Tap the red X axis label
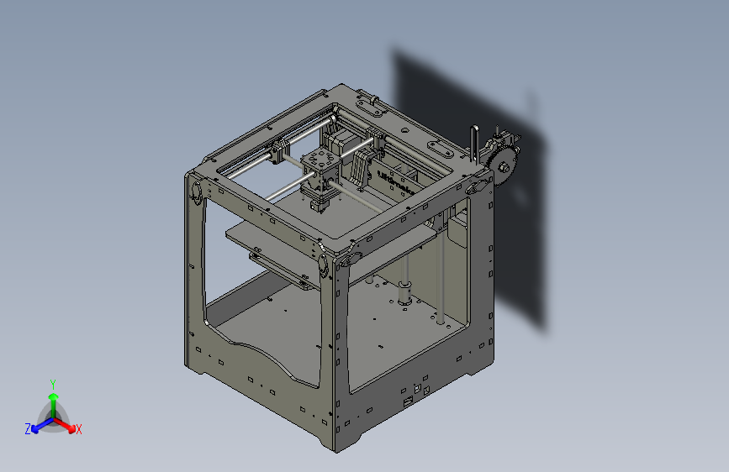78,430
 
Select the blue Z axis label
27,429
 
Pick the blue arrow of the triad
39,424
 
